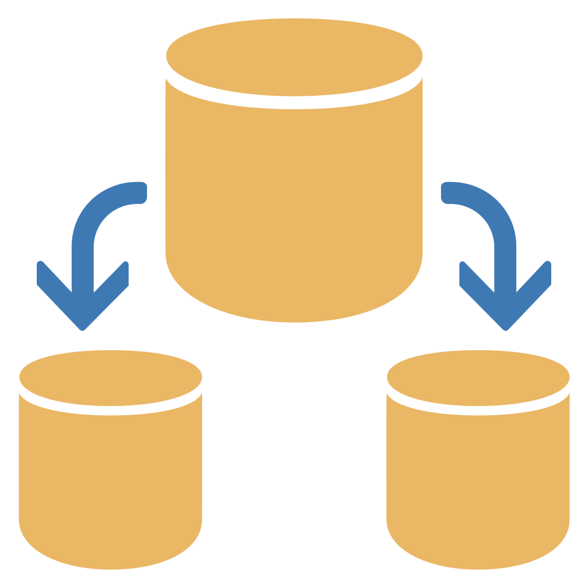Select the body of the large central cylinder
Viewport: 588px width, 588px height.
(x=294, y=207)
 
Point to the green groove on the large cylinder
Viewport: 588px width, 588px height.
(x=294, y=102)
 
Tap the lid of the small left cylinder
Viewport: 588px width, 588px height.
(x=110, y=377)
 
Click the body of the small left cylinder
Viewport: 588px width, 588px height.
(x=110, y=488)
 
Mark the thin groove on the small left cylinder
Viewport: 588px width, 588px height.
(x=110, y=409)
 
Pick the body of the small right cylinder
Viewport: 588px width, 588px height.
(x=478, y=488)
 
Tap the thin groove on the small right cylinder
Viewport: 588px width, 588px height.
(x=478, y=410)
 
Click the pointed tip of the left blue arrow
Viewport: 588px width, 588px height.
(x=83, y=327)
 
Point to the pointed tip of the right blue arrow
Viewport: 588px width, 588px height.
(x=505, y=327)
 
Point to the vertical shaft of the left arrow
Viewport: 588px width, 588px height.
(x=83, y=264)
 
